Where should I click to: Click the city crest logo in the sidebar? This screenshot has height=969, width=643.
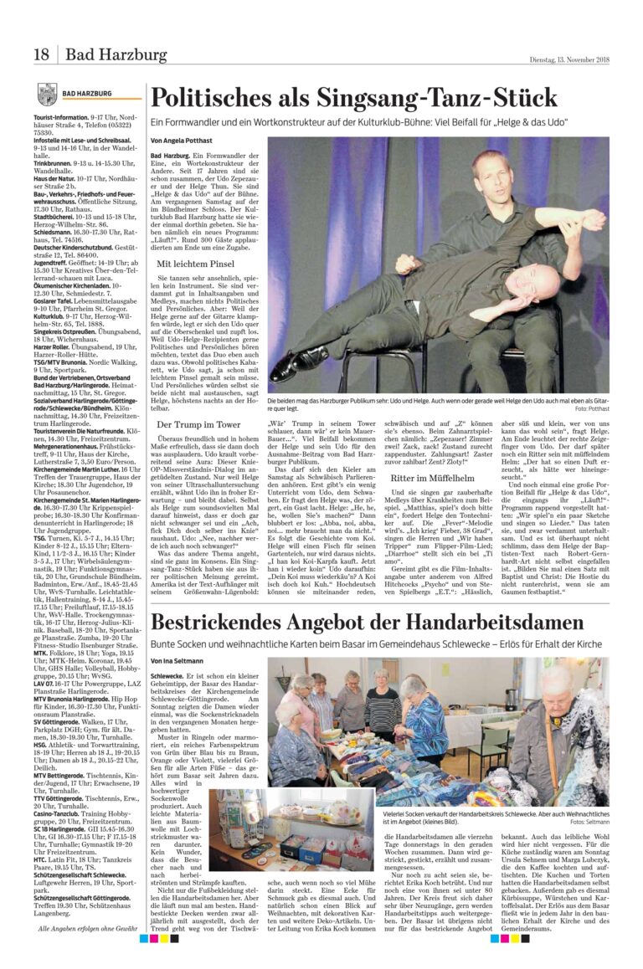pos(47,94)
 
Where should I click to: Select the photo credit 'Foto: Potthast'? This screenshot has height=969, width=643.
pos(591,408)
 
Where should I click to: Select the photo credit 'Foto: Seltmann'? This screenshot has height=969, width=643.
pos(590,823)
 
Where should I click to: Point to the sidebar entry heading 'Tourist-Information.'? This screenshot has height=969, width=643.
pos(61,118)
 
